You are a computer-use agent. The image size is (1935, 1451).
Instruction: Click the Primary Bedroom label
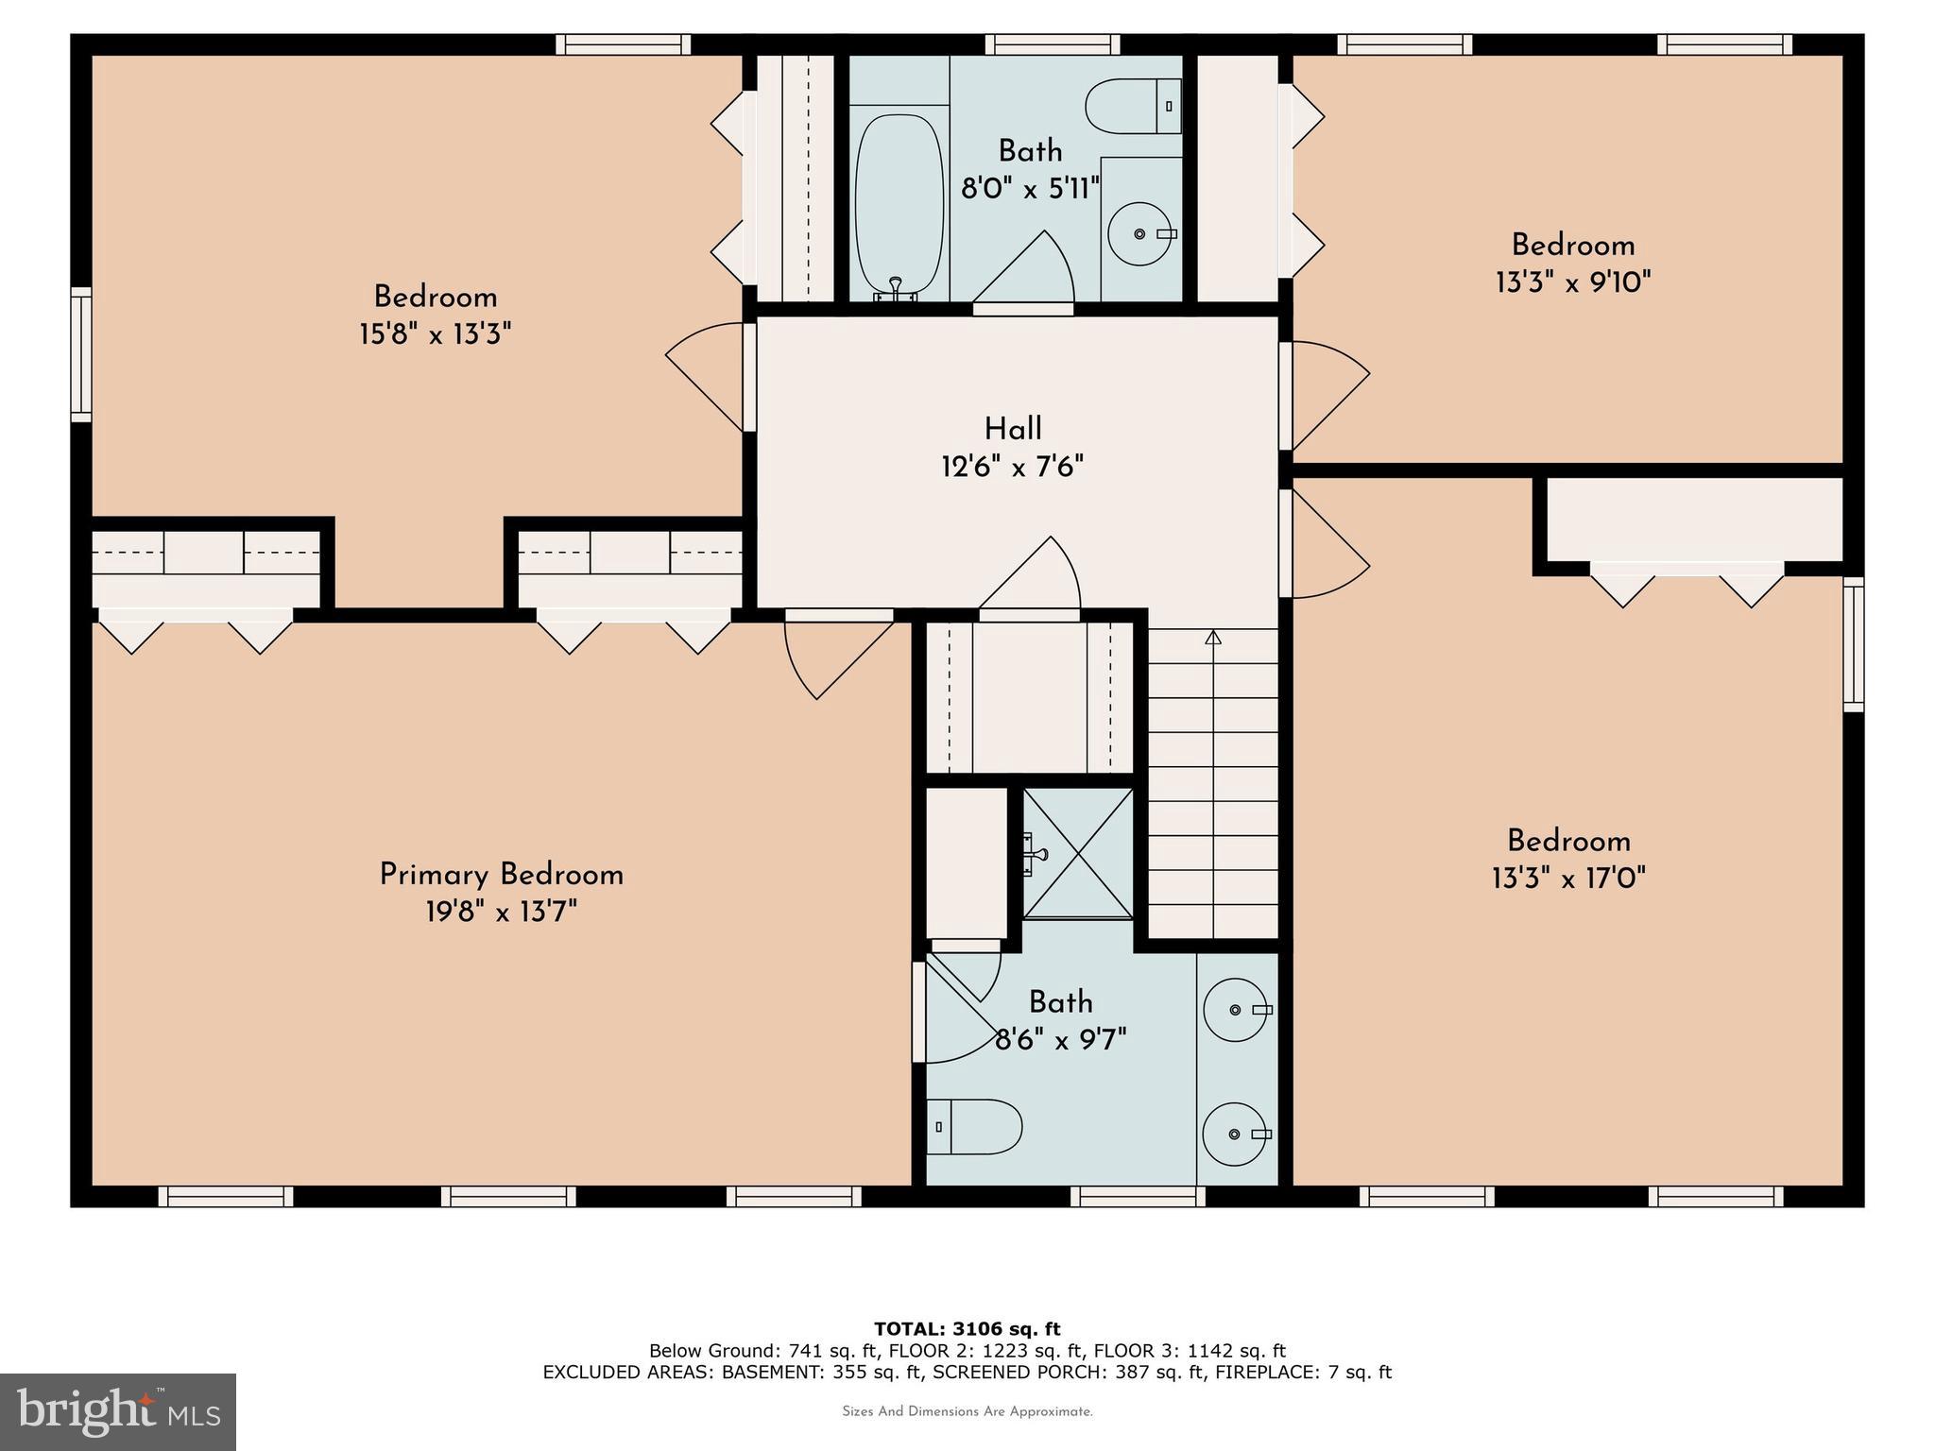[501, 875]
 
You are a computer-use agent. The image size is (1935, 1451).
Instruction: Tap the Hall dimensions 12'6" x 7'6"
[1012, 467]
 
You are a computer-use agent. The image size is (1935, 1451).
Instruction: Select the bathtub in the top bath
[899, 203]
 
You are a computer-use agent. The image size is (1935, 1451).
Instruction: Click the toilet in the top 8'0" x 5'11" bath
[1133, 106]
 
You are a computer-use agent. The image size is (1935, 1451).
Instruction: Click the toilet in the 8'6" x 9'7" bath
[974, 1126]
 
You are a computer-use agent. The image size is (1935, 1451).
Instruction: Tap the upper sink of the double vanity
[1235, 1010]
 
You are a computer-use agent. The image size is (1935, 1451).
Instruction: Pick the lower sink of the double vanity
[1235, 1134]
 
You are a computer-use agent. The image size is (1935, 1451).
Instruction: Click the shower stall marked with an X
[1079, 853]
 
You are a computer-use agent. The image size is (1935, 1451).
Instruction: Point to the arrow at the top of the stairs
[1213, 638]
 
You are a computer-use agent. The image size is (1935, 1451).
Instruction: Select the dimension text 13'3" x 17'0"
[1568, 879]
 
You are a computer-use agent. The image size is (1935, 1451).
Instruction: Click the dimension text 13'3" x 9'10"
[1572, 282]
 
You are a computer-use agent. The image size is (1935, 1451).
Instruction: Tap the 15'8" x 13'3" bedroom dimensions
[435, 334]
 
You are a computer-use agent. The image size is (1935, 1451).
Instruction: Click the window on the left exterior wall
[82, 354]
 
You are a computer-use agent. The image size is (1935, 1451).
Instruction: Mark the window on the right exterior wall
[1854, 644]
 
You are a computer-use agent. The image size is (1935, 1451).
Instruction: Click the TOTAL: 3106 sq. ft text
[967, 1329]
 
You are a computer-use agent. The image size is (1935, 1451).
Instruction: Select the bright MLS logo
[117, 1411]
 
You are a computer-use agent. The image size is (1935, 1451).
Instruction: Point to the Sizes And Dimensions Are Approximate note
[967, 1411]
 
